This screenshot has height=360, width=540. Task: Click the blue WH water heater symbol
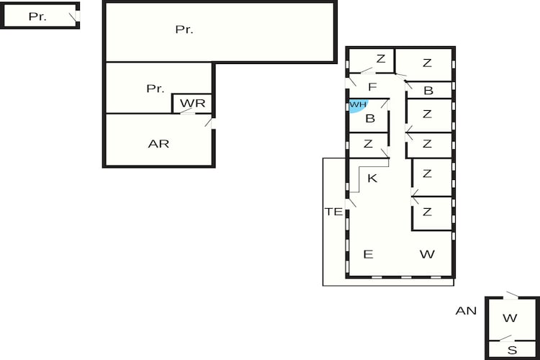(x=358, y=105)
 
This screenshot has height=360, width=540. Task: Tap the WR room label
(x=192, y=103)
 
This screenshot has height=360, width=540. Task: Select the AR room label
(x=158, y=144)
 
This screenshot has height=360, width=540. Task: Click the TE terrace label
(x=333, y=212)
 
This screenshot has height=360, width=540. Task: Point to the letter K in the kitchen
(x=372, y=178)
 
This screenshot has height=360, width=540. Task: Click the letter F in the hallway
(x=372, y=87)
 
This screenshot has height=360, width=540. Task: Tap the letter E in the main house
(x=368, y=254)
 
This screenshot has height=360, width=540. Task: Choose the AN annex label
(x=466, y=311)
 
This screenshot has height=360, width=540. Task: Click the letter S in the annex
(x=513, y=350)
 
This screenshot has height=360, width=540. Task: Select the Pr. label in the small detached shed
(x=37, y=16)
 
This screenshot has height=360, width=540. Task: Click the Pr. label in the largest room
(x=184, y=30)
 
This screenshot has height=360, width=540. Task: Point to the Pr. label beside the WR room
(x=156, y=89)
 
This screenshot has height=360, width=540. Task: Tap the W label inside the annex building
(x=510, y=318)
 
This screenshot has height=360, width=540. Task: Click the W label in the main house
(x=427, y=254)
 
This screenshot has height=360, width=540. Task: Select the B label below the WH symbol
(x=370, y=119)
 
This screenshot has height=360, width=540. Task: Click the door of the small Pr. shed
(x=75, y=17)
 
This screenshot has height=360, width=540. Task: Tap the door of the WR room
(x=187, y=111)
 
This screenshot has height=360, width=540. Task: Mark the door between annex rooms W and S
(x=505, y=338)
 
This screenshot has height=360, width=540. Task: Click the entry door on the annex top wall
(x=510, y=295)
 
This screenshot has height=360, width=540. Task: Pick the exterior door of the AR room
(x=210, y=123)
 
